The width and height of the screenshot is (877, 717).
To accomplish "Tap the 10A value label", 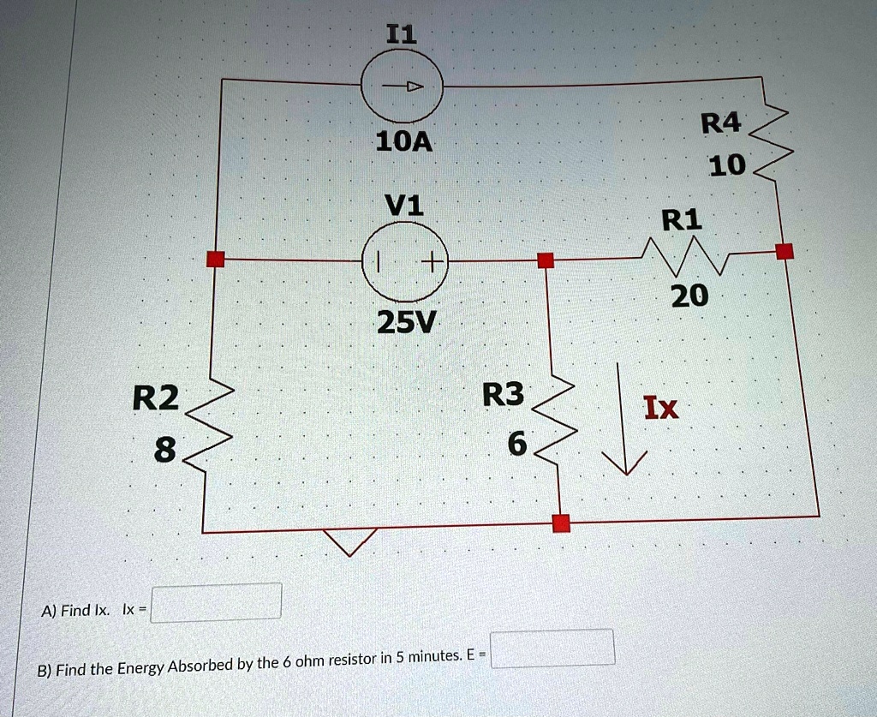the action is [404, 142].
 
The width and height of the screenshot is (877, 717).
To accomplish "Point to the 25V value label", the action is [405, 322].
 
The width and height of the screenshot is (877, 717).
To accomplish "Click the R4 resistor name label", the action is [720, 123].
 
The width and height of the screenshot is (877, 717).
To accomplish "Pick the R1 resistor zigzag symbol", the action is [686, 255].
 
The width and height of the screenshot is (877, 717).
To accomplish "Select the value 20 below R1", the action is [689, 296].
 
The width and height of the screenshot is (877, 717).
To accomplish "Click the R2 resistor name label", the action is [156, 397].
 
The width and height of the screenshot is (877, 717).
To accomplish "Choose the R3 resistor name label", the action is [503, 394].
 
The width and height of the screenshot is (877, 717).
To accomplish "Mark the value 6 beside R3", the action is [517, 444].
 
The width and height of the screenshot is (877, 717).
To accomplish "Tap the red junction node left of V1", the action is [215, 260].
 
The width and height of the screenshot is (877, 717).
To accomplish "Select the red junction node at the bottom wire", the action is [561, 523].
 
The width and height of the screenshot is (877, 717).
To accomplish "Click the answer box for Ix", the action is [216, 602].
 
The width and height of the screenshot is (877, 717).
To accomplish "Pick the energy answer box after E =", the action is [552, 648].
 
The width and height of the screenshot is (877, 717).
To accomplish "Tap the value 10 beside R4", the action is [727, 165].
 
